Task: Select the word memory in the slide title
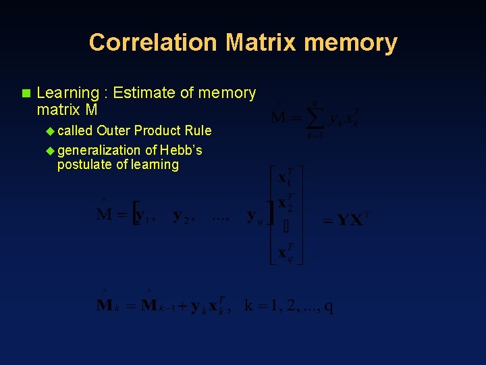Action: pyautogui.click(x=350, y=43)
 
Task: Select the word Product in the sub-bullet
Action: pyautogui.click(x=159, y=130)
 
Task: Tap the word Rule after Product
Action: pyautogui.click(x=197, y=130)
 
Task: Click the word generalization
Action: pyautogui.click(x=100, y=150)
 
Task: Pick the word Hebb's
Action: pyautogui.click(x=180, y=150)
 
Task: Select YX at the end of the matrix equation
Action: pyautogui.click(x=349, y=220)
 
